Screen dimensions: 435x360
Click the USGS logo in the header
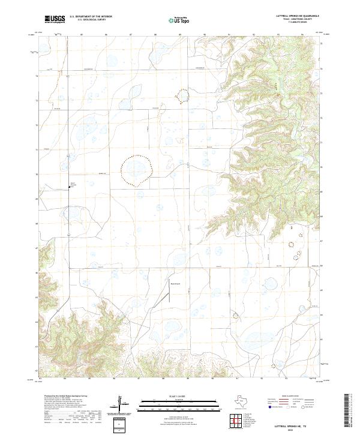tap(55, 19)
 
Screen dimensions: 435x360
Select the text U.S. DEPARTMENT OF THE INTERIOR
tap(91, 17)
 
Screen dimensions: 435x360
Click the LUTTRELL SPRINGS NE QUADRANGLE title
tap(298, 16)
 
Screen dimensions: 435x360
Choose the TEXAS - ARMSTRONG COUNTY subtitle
tap(298, 19)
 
